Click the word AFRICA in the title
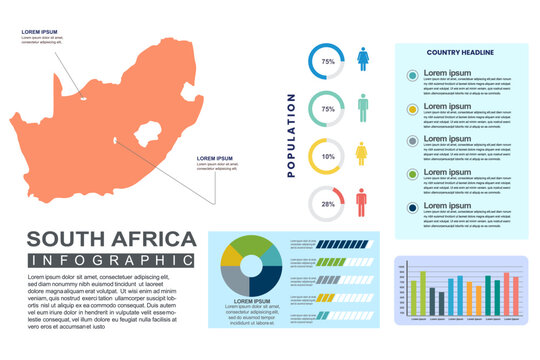click(x=156, y=240)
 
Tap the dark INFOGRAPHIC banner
click(x=110, y=261)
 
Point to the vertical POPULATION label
click(x=291, y=135)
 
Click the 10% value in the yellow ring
click(x=327, y=157)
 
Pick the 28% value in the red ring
click(x=327, y=204)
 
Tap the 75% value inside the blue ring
click(x=327, y=62)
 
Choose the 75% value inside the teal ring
click(x=327, y=109)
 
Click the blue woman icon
click(x=362, y=60)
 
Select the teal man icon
click(x=362, y=107)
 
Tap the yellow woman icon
click(x=362, y=154)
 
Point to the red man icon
click(x=362, y=202)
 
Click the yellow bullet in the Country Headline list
click(x=412, y=108)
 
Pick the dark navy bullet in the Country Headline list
click(x=412, y=208)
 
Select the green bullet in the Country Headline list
click(x=412, y=175)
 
